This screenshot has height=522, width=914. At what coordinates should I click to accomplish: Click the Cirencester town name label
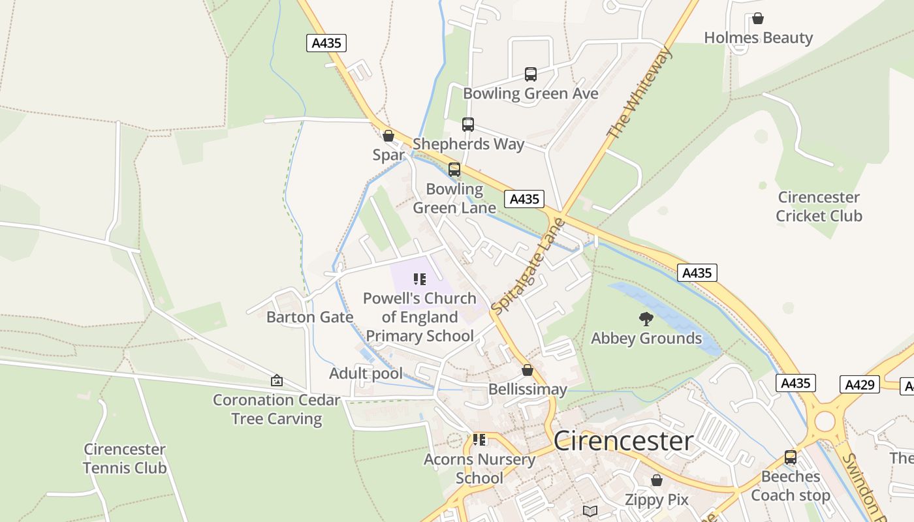pos(623,441)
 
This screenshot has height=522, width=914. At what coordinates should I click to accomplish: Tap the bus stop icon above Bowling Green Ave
pos(531,74)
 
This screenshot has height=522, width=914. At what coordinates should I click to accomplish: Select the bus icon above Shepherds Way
pos(468,125)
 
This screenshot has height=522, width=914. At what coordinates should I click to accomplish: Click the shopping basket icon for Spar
pos(388,136)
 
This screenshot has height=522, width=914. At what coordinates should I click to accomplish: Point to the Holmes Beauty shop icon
pos(758,18)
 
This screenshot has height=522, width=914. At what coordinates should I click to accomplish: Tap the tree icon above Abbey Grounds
pos(646,319)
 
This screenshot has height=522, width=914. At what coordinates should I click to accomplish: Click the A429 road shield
pos(859,384)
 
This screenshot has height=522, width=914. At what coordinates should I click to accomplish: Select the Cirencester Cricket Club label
pos(819,206)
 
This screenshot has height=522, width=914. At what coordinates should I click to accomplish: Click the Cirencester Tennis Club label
pos(125,459)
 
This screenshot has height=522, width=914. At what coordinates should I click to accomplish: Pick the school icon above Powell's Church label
pos(420,279)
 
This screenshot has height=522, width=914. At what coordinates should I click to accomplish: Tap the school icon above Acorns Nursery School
pos(479,440)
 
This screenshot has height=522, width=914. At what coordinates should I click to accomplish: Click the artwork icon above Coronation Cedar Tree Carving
pos(277,380)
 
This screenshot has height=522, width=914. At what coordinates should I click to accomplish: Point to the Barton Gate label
pos(309,317)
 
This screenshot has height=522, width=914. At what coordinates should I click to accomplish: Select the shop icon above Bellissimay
pos(528,370)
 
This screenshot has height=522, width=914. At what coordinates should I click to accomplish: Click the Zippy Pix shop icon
pos(657,480)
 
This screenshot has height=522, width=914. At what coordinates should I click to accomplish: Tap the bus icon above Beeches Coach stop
pos(791,457)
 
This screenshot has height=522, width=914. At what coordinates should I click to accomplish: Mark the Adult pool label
pos(366,374)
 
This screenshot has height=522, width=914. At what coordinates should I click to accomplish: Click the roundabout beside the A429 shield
pos(825,421)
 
